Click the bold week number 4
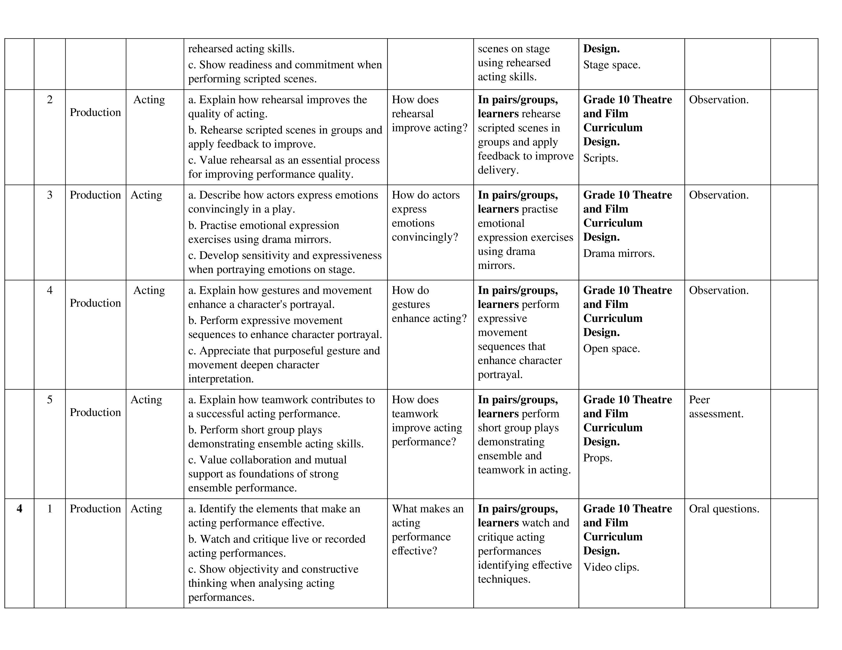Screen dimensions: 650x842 (19, 509)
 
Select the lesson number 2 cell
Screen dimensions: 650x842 (50, 100)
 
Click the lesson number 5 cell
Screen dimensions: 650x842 (50, 400)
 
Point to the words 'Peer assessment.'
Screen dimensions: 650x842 (716, 407)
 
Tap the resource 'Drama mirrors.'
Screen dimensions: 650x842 (619, 253)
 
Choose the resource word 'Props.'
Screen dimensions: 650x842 (598, 458)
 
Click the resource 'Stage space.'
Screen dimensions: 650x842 (611, 65)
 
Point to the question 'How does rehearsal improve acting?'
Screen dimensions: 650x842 (429, 114)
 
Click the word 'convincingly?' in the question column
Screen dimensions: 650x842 (425, 237)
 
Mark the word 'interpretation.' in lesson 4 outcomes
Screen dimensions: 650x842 (221, 379)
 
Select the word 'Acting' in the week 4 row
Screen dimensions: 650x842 (146, 509)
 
